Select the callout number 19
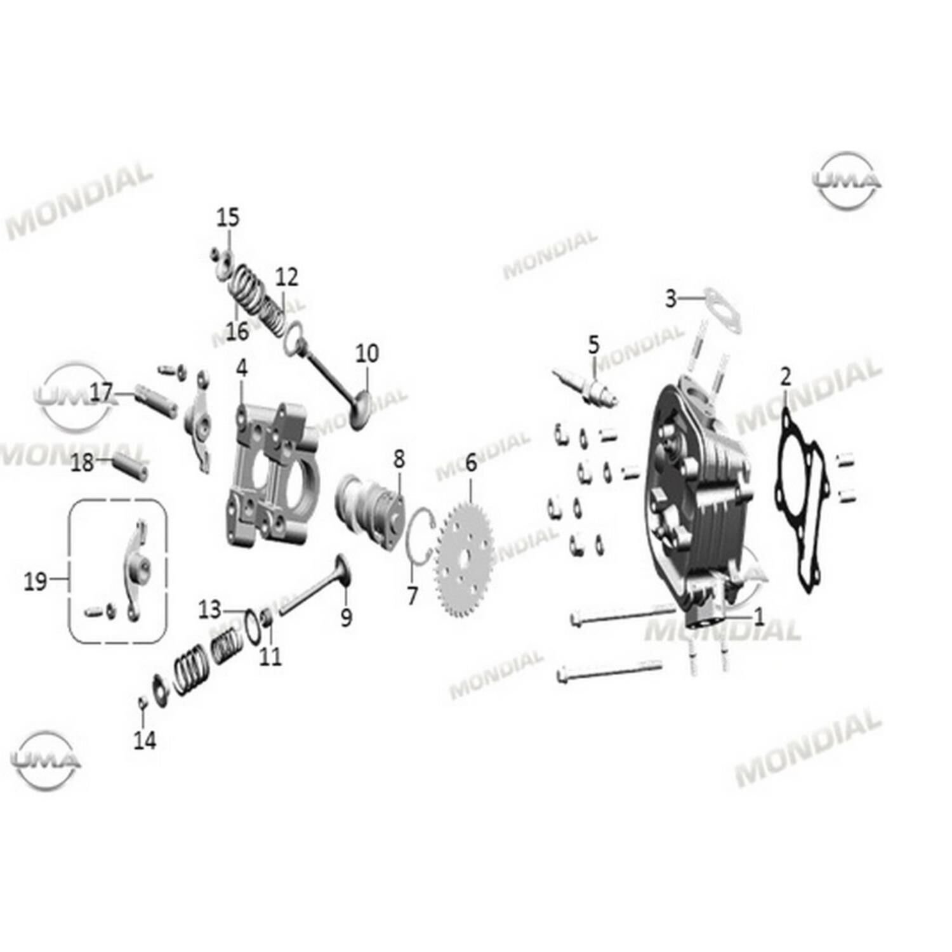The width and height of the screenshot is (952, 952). click(36, 580)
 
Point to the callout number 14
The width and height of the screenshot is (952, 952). click(145, 740)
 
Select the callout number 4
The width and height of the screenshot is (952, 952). click(241, 368)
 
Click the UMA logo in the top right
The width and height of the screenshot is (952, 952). click(847, 181)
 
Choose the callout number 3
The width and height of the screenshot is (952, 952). click(671, 298)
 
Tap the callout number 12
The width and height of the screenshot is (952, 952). click(286, 277)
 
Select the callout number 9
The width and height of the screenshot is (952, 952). click(346, 617)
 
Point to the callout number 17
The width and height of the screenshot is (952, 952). click(101, 393)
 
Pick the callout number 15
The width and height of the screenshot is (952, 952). click(228, 217)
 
